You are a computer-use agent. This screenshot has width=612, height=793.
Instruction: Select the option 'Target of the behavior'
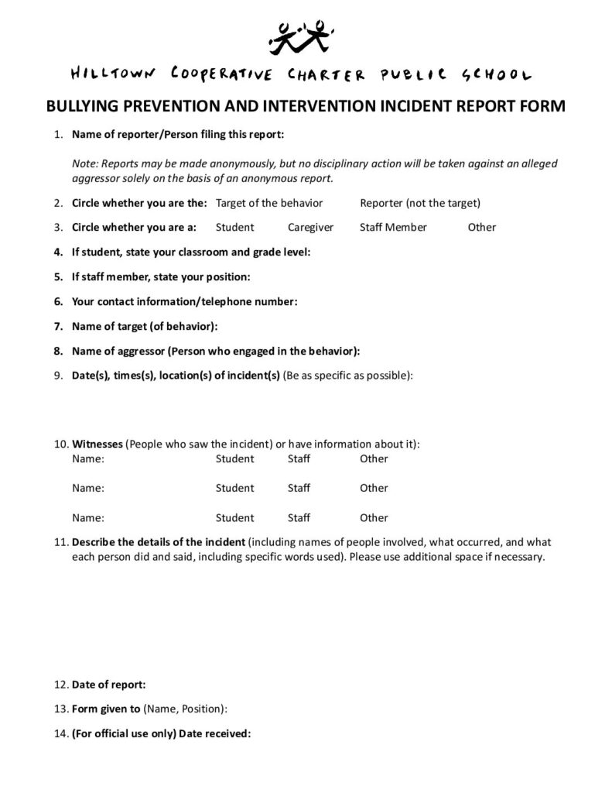[x=268, y=203]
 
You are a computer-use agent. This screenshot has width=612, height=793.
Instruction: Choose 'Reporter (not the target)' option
[x=420, y=203]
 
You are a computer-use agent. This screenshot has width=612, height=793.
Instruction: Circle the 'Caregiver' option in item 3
[x=310, y=227]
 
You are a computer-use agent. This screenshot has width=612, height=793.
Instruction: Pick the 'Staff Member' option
[x=393, y=227]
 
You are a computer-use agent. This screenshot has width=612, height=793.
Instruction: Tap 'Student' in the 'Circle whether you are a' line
[x=234, y=227]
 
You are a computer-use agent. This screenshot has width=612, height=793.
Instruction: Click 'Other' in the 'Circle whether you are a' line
[x=482, y=227]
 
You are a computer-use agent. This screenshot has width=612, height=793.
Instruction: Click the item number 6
[x=58, y=301]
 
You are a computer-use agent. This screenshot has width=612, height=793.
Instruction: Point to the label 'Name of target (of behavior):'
[x=145, y=326]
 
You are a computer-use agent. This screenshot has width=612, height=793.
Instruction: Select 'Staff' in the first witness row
[x=299, y=458]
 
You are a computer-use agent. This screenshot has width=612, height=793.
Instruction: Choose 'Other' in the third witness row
[x=374, y=517]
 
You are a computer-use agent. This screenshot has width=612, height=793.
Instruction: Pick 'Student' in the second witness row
[x=234, y=488]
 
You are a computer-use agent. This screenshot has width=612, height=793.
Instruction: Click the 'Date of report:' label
[x=108, y=685]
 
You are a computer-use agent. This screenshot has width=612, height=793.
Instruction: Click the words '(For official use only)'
[x=124, y=733]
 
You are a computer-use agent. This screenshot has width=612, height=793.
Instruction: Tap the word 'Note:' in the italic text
[x=85, y=164]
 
